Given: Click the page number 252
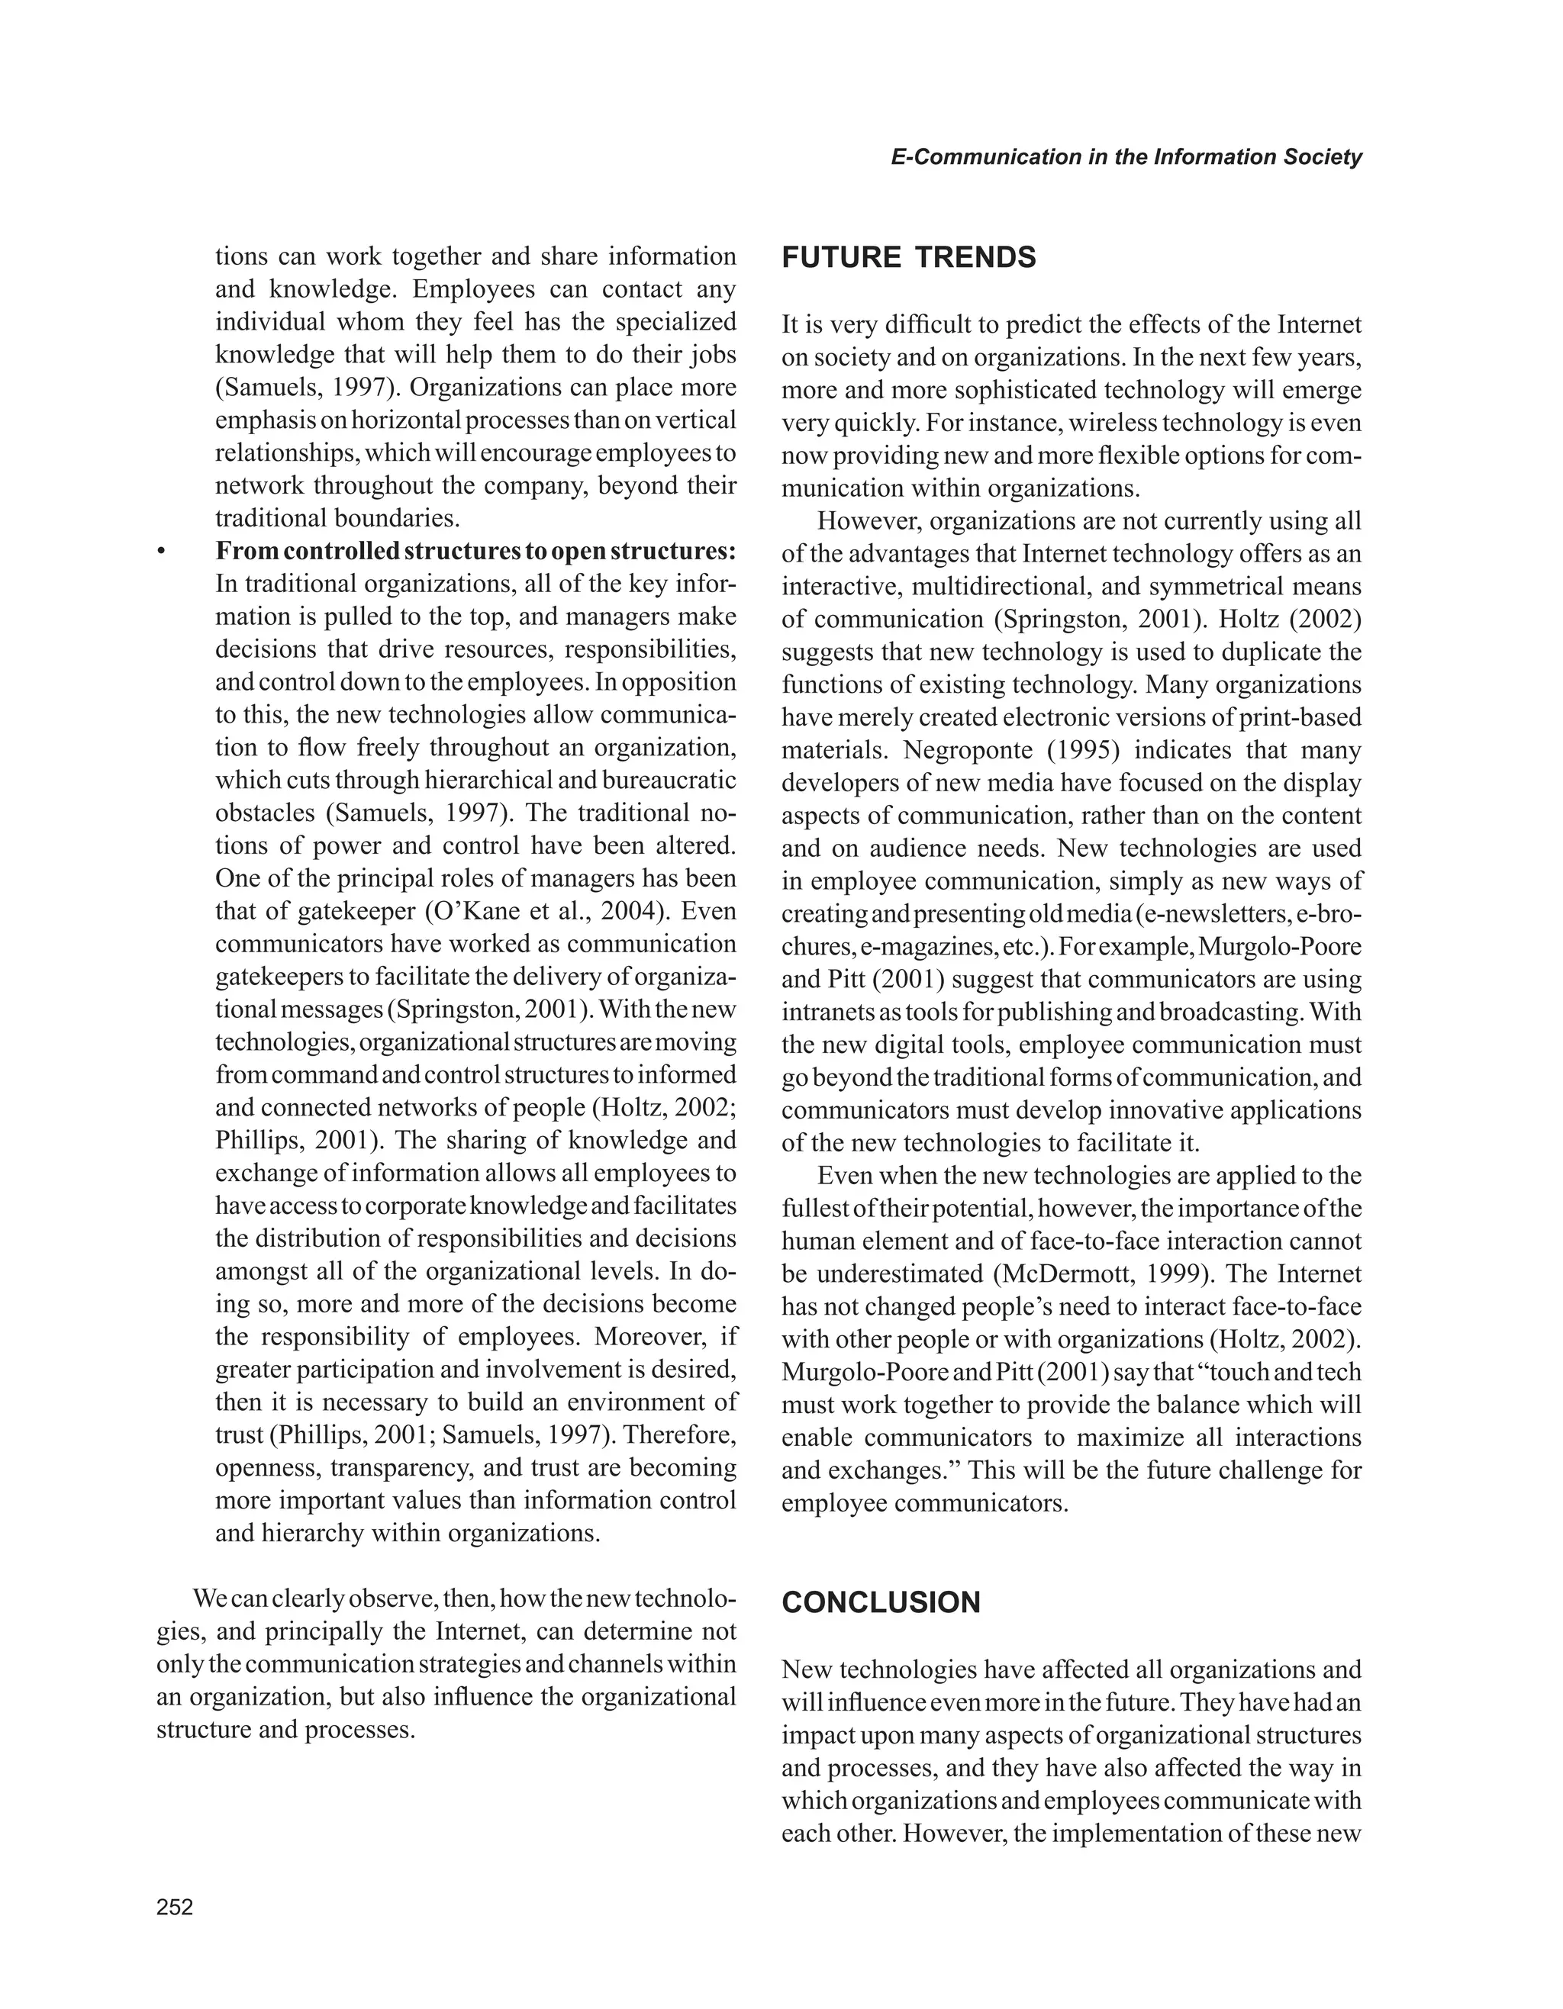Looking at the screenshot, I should tap(175, 1907).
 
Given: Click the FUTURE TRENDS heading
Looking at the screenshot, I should tap(908, 258).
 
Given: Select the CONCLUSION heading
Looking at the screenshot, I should tap(881, 1602).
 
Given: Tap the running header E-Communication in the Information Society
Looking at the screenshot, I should tap(1126, 157).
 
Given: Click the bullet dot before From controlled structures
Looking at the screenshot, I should tap(161, 552).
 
